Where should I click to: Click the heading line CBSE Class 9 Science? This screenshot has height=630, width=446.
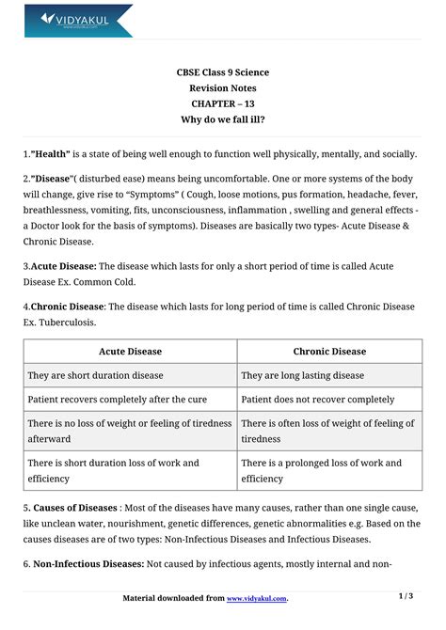pos(222,72)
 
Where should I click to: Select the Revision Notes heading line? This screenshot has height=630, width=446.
pos(222,88)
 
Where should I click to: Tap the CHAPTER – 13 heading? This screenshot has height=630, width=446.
pos(222,104)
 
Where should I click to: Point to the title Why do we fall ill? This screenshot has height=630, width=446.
pos(222,120)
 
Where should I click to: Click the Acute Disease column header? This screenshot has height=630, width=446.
pos(130,352)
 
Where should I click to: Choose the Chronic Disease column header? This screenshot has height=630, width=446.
pos(329,352)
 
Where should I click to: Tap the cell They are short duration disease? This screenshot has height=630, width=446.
pos(96,375)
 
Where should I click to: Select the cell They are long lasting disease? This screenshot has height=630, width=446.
pos(302,375)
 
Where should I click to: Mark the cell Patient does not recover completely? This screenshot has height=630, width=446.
pos(318,399)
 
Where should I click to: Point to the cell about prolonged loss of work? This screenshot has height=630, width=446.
pos(321,470)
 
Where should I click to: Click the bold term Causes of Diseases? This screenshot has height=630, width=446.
pos(76,508)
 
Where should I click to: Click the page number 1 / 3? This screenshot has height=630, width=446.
pos(406,596)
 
